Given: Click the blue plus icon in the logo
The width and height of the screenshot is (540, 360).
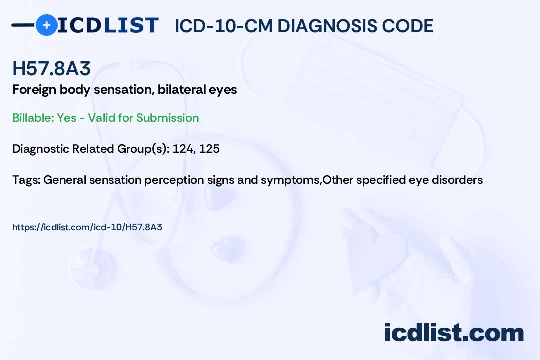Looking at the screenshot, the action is pos(46,25).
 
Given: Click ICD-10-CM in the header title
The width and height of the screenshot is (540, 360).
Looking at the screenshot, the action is pos(224,26).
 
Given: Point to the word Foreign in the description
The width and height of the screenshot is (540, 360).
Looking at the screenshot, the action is pos(34,90).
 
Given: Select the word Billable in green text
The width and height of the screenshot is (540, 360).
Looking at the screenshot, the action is pos(33,118).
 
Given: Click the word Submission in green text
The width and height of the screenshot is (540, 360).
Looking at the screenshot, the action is pos(167,118).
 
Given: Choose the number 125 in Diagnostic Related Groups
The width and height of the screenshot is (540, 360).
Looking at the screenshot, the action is pos(209,149).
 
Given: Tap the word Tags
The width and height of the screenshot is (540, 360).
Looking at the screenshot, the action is pos(26,180).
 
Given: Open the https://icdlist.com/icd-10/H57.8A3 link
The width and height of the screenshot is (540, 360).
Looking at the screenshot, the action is pos(87,227).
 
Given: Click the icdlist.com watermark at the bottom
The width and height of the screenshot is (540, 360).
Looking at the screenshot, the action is pos(454,332).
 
